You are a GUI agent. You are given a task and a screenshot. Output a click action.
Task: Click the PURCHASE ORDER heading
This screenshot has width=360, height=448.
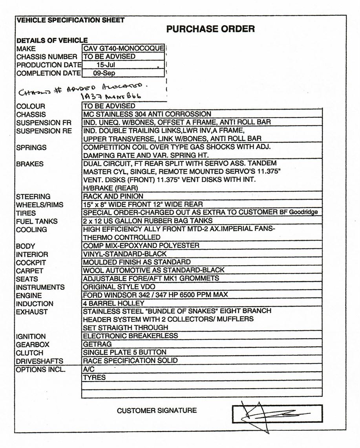(210, 29)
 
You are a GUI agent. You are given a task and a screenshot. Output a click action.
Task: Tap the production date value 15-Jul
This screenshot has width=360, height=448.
(106, 65)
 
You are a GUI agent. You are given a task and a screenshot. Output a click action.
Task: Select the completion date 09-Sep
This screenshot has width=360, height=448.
(104, 73)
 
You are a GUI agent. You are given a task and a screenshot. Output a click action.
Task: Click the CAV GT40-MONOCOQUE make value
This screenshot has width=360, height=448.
(123, 48)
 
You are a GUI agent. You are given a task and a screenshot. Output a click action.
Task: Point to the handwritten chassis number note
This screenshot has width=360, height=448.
(84, 92)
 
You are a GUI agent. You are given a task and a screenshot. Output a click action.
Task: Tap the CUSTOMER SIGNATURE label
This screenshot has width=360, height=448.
(157, 411)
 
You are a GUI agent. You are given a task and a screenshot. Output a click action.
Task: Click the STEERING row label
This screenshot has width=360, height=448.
(33, 196)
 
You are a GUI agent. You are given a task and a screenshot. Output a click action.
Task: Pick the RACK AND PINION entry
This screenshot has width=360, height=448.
(113, 196)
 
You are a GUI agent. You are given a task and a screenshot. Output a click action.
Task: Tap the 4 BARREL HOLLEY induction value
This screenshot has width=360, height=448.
(113, 303)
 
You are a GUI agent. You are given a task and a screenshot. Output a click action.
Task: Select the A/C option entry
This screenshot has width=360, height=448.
(89, 369)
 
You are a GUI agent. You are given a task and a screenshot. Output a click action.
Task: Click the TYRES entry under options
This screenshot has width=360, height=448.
(94, 378)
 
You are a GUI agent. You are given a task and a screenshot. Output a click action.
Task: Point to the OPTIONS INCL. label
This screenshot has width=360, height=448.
(41, 370)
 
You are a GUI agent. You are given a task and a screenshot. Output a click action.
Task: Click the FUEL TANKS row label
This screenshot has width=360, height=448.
(37, 221)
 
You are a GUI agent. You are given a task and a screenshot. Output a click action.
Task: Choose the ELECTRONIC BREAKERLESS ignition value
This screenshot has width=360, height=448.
(130, 336)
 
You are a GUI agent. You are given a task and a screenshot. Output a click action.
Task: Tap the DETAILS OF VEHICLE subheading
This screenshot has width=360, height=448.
(52, 40)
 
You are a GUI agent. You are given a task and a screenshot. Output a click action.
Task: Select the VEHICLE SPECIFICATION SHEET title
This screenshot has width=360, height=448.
(71, 20)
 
